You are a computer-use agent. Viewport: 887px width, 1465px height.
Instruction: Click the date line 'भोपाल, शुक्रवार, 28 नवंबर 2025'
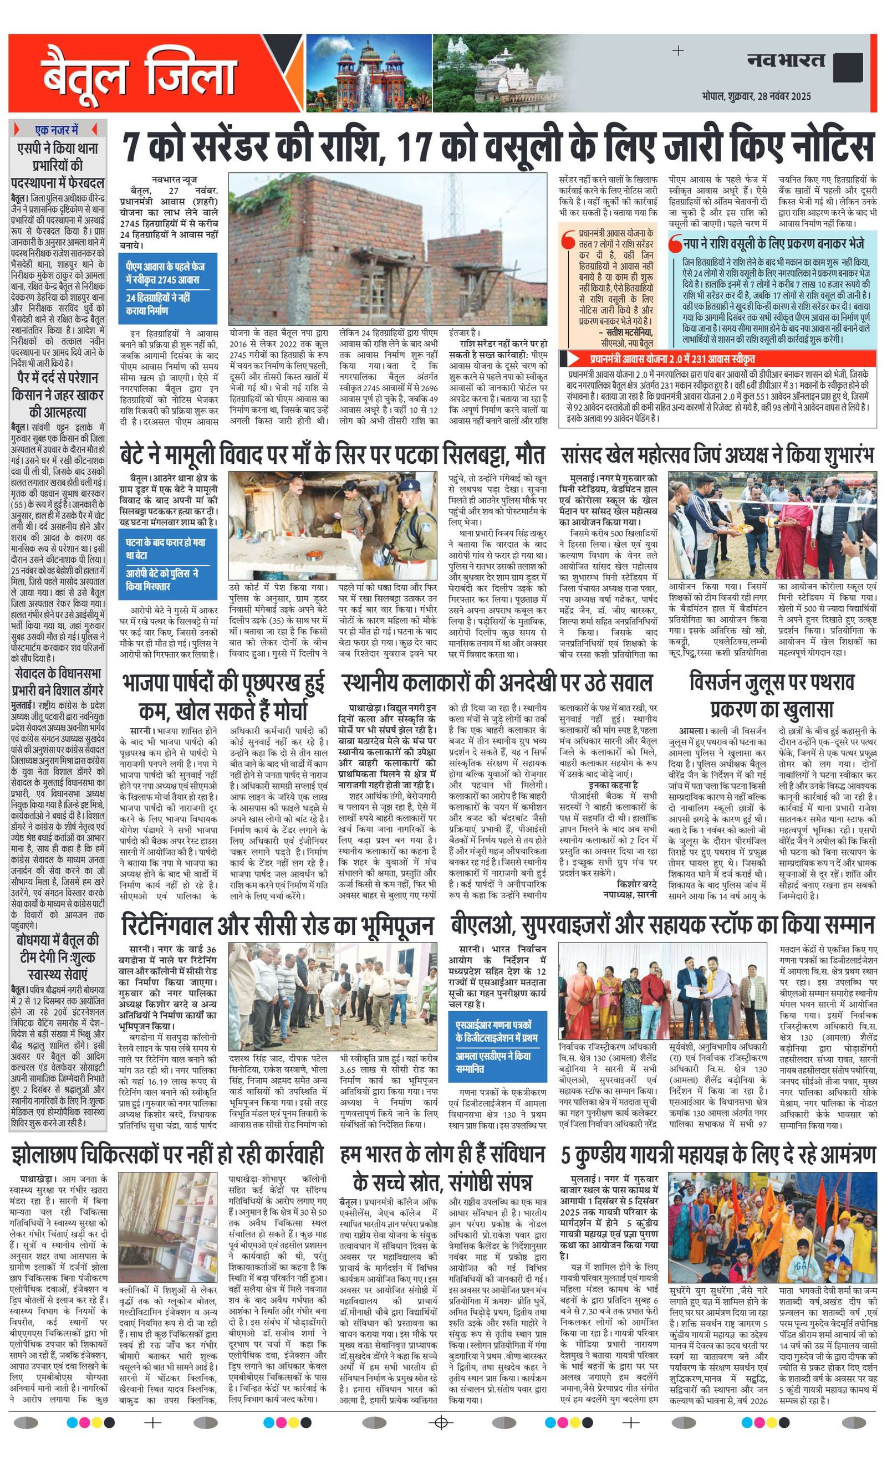click(756, 96)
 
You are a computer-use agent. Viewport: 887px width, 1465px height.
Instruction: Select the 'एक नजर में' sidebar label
click(57, 130)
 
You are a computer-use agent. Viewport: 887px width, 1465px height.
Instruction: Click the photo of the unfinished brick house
click(388, 249)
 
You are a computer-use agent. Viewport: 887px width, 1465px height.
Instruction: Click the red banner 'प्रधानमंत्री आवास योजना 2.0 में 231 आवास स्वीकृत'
click(672, 358)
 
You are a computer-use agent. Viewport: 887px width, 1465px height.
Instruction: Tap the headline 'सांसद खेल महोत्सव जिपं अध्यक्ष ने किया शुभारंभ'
click(717, 455)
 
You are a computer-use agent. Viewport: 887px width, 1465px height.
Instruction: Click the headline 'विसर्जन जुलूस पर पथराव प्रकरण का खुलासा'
click(771, 695)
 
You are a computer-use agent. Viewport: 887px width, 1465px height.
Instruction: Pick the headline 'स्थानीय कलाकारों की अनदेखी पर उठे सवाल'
click(497, 683)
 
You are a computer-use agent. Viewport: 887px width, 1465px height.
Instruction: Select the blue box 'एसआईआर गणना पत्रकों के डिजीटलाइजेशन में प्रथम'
click(498, 1031)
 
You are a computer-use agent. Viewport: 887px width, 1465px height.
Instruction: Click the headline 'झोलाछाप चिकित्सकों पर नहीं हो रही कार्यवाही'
click(167, 1154)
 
